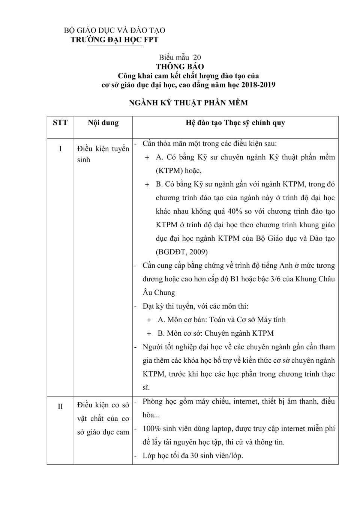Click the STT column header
[60, 123]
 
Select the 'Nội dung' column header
[103, 123]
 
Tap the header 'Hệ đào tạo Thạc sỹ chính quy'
[235, 123]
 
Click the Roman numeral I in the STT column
[60, 149]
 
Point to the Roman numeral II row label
[60, 407]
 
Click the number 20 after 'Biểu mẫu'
[197, 57]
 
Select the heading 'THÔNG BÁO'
[180, 67]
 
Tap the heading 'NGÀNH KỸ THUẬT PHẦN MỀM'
[188, 103]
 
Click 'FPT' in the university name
[151, 40]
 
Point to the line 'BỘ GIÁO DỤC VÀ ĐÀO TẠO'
[114, 30]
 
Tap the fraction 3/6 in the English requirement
[277, 279]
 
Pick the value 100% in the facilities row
[151, 429]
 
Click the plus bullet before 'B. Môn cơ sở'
[149, 333]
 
